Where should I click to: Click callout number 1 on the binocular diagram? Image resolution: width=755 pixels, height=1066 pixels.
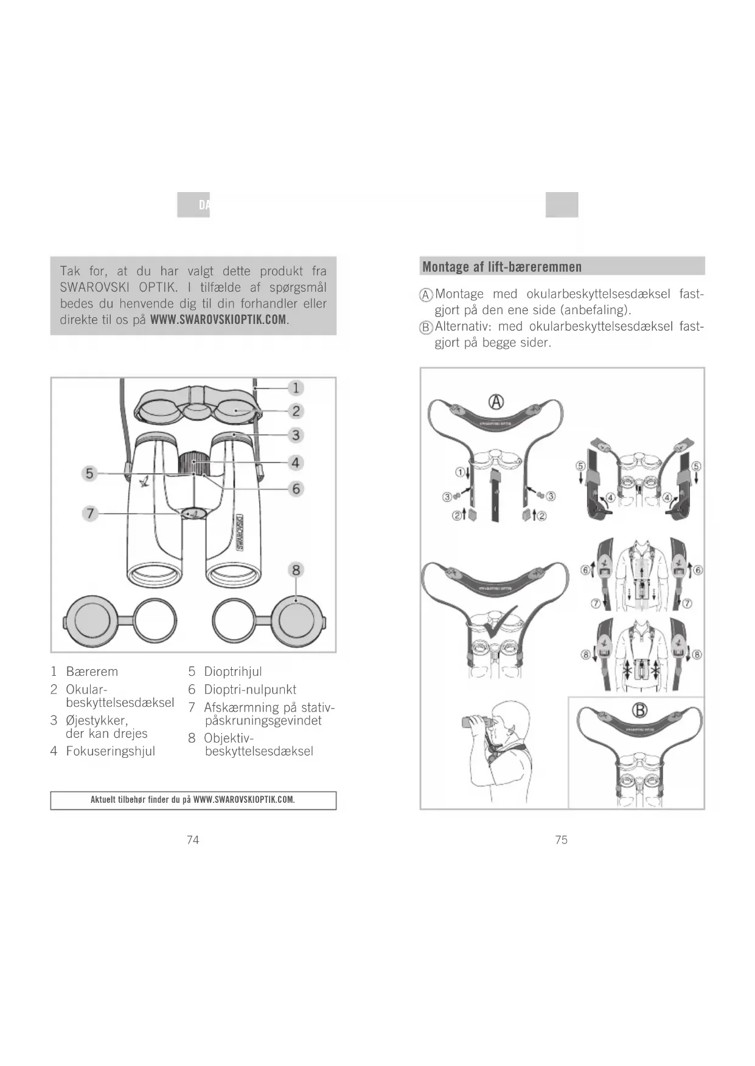coord(296,388)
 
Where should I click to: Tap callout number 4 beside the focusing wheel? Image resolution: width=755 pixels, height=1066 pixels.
coord(296,463)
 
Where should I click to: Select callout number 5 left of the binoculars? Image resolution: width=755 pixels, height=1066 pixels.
coord(90,473)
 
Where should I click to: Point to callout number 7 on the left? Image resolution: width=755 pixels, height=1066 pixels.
coord(90,514)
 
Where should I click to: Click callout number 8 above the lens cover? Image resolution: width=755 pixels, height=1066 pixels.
coord(296,570)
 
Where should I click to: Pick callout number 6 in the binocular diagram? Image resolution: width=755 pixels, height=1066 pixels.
coord(296,489)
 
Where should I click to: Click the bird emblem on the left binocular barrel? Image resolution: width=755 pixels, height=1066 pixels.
coord(146,482)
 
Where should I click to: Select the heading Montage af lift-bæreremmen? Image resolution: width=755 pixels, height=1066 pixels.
coord(502,267)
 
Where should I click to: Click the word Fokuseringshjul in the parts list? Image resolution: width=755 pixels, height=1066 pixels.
coord(110,751)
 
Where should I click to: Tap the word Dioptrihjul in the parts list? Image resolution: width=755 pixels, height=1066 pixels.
coord(233,672)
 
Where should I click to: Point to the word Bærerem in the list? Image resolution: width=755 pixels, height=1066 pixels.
coord(92,672)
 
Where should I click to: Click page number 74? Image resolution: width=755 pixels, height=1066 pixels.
coord(193,840)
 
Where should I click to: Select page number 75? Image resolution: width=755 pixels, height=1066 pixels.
coord(562,840)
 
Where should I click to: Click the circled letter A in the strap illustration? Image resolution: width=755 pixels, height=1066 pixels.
coord(497,402)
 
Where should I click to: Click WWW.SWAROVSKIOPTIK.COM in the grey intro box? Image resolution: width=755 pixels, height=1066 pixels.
coord(218,320)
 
